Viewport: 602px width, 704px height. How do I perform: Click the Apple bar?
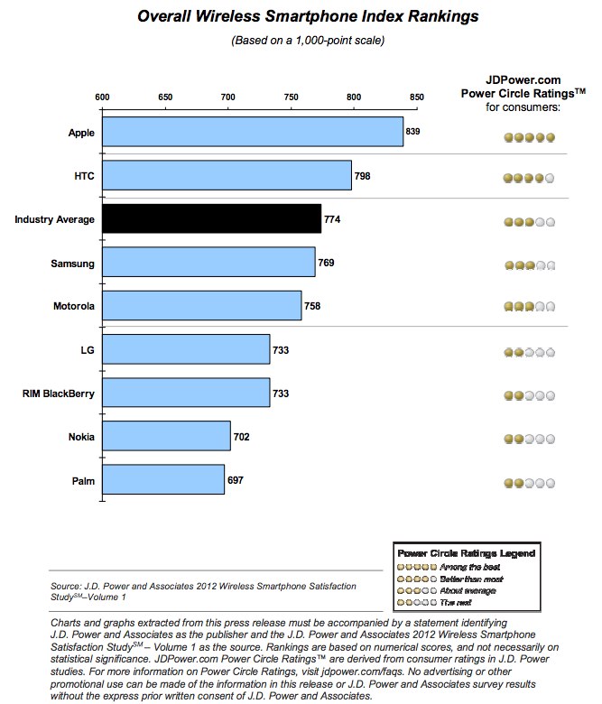pos(252,132)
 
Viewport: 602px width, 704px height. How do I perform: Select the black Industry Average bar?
pos(211,218)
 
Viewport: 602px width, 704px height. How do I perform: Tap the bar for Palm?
pos(162,479)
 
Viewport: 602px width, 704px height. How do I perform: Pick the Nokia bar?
pos(166,436)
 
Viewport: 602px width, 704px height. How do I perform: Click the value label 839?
pos(413,132)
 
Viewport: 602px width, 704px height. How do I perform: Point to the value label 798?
pos(363,175)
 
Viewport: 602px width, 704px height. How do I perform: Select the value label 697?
pos(236,479)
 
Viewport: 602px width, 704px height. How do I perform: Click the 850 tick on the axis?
pos(416,97)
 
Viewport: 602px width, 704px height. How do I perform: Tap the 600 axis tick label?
pos(102,97)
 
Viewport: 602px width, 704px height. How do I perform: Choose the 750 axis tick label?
pos(291,97)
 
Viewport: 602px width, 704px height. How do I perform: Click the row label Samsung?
pos(74,263)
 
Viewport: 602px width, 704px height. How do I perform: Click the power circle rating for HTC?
pos(529,179)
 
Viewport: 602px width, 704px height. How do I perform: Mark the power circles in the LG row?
pos(529,352)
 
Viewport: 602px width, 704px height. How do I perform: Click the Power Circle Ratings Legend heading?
pos(466,552)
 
